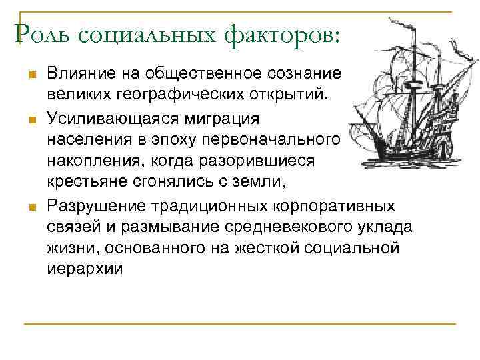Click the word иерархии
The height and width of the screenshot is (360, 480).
(x=85, y=269)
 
